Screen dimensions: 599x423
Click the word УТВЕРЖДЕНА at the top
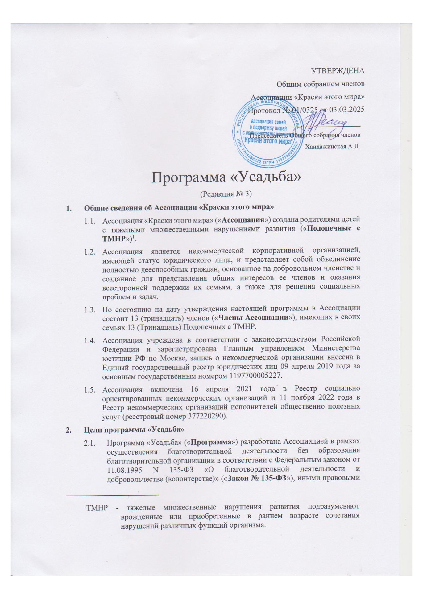click(x=338, y=71)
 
